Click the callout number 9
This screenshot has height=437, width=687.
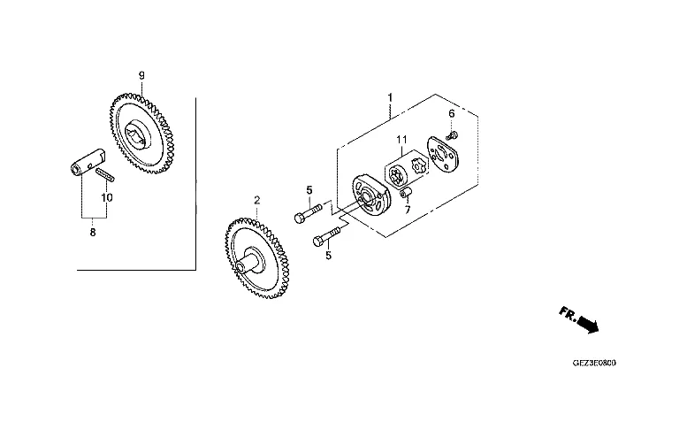(141, 75)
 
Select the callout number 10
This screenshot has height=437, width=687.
(107, 197)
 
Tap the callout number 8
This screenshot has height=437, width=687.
(93, 233)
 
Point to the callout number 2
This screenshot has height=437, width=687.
(257, 200)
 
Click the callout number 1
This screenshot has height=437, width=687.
(390, 97)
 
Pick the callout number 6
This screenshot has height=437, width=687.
(452, 113)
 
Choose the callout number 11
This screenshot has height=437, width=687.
(401, 140)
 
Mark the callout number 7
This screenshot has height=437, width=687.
(408, 210)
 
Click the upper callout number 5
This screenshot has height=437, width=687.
(309, 190)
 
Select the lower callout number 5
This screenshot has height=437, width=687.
(329, 255)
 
